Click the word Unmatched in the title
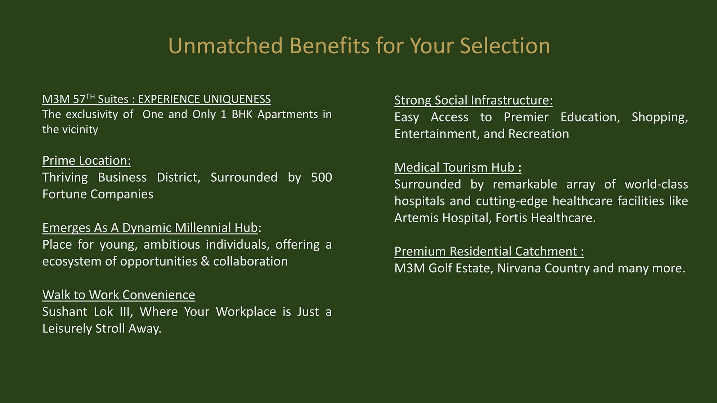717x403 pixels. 225,46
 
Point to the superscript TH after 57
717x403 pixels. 90,96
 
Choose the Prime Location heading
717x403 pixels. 86,160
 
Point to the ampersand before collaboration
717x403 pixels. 205,261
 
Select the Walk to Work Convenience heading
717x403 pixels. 118,295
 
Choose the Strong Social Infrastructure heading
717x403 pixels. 474,100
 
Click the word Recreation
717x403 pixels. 539,134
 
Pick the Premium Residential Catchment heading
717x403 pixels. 489,251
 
